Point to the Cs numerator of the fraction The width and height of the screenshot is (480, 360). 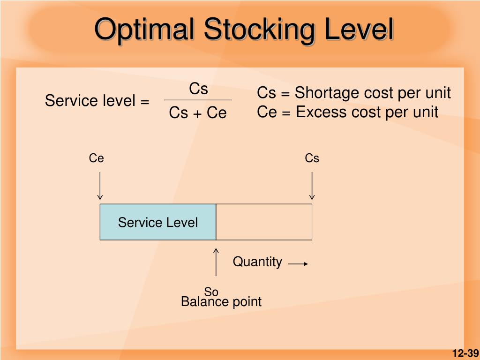(x=198, y=89)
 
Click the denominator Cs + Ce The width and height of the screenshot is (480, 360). (x=198, y=113)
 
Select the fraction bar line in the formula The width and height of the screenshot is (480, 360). (x=198, y=100)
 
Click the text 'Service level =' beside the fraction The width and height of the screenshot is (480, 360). (x=97, y=101)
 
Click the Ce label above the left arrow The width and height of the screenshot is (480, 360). (x=97, y=159)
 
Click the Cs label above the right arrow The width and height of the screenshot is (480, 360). (x=312, y=159)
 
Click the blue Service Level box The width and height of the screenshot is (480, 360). (x=157, y=222)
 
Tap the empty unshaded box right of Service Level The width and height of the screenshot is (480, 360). (x=264, y=222)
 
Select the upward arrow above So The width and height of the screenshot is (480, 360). (x=216, y=262)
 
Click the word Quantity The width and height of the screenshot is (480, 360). (x=257, y=262)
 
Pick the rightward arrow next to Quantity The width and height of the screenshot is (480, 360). (x=298, y=264)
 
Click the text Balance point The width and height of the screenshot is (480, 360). (x=221, y=302)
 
